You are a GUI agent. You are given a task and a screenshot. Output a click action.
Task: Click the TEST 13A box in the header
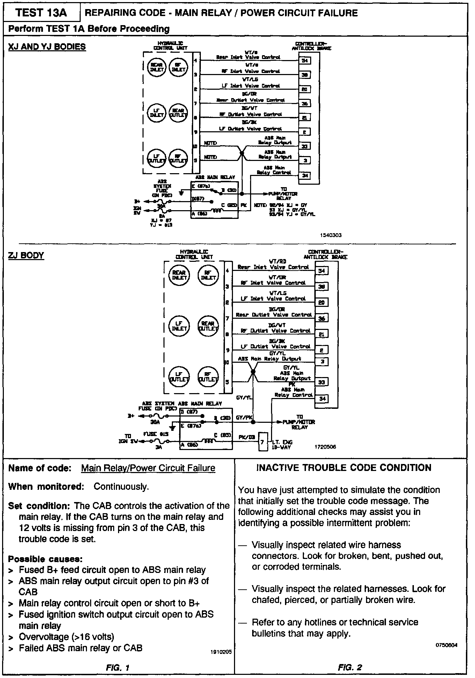click(41, 13)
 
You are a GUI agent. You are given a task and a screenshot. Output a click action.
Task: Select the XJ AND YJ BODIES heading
click(47, 47)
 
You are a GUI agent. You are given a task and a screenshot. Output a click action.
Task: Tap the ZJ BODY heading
click(26, 255)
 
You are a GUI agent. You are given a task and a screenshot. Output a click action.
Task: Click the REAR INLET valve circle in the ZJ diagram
click(179, 275)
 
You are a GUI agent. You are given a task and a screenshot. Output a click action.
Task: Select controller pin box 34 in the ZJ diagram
click(322, 398)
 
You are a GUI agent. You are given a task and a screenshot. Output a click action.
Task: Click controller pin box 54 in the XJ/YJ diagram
click(304, 61)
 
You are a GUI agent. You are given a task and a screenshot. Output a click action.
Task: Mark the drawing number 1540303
click(330, 235)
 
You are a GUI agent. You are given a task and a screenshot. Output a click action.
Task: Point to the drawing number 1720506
click(325, 447)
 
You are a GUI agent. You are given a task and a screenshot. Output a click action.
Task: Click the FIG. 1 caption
click(118, 668)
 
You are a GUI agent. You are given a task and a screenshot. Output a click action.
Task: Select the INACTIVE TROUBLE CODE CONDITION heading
click(344, 468)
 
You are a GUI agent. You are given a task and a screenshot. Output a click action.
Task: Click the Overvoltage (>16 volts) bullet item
click(66, 637)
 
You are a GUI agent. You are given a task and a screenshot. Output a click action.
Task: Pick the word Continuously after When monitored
click(121, 486)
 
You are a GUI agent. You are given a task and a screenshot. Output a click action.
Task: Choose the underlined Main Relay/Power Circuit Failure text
click(148, 468)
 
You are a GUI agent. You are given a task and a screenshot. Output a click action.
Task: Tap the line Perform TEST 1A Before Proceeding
click(89, 29)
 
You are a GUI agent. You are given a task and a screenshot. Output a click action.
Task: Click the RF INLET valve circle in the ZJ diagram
click(208, 275)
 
